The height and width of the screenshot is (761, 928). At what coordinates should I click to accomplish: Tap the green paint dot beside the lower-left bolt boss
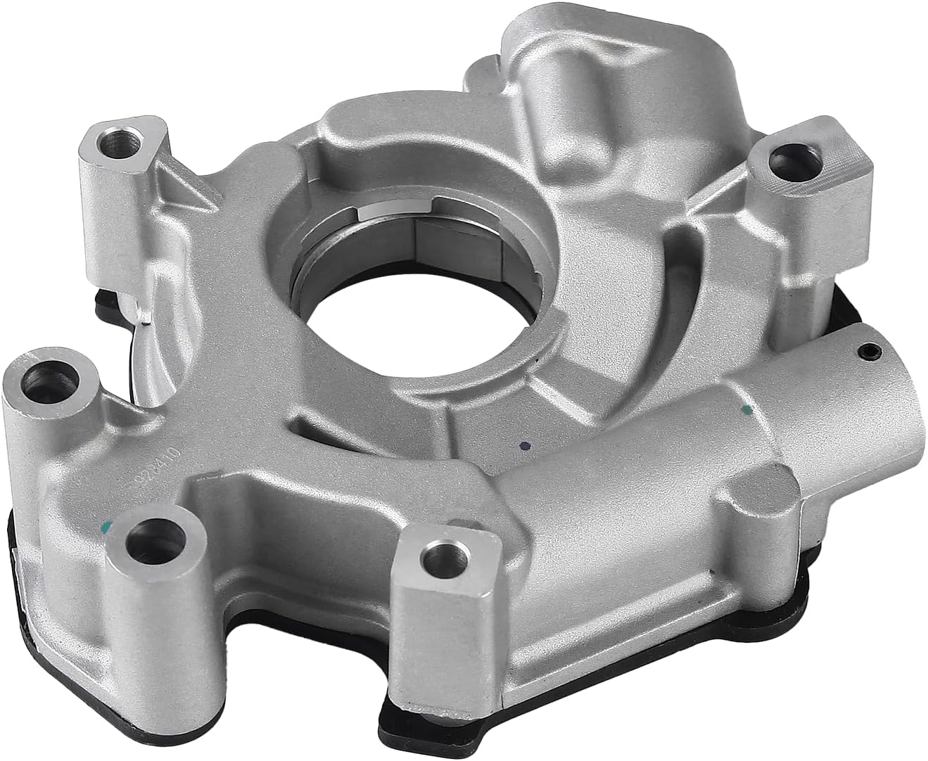(x=106, y=525)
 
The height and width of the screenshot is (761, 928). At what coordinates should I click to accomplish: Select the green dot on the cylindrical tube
(x=747, y=408)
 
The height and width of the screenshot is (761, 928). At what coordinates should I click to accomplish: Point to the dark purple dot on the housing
(x=521, y=445)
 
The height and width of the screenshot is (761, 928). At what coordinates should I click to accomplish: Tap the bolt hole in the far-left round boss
(x=35, y=380)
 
